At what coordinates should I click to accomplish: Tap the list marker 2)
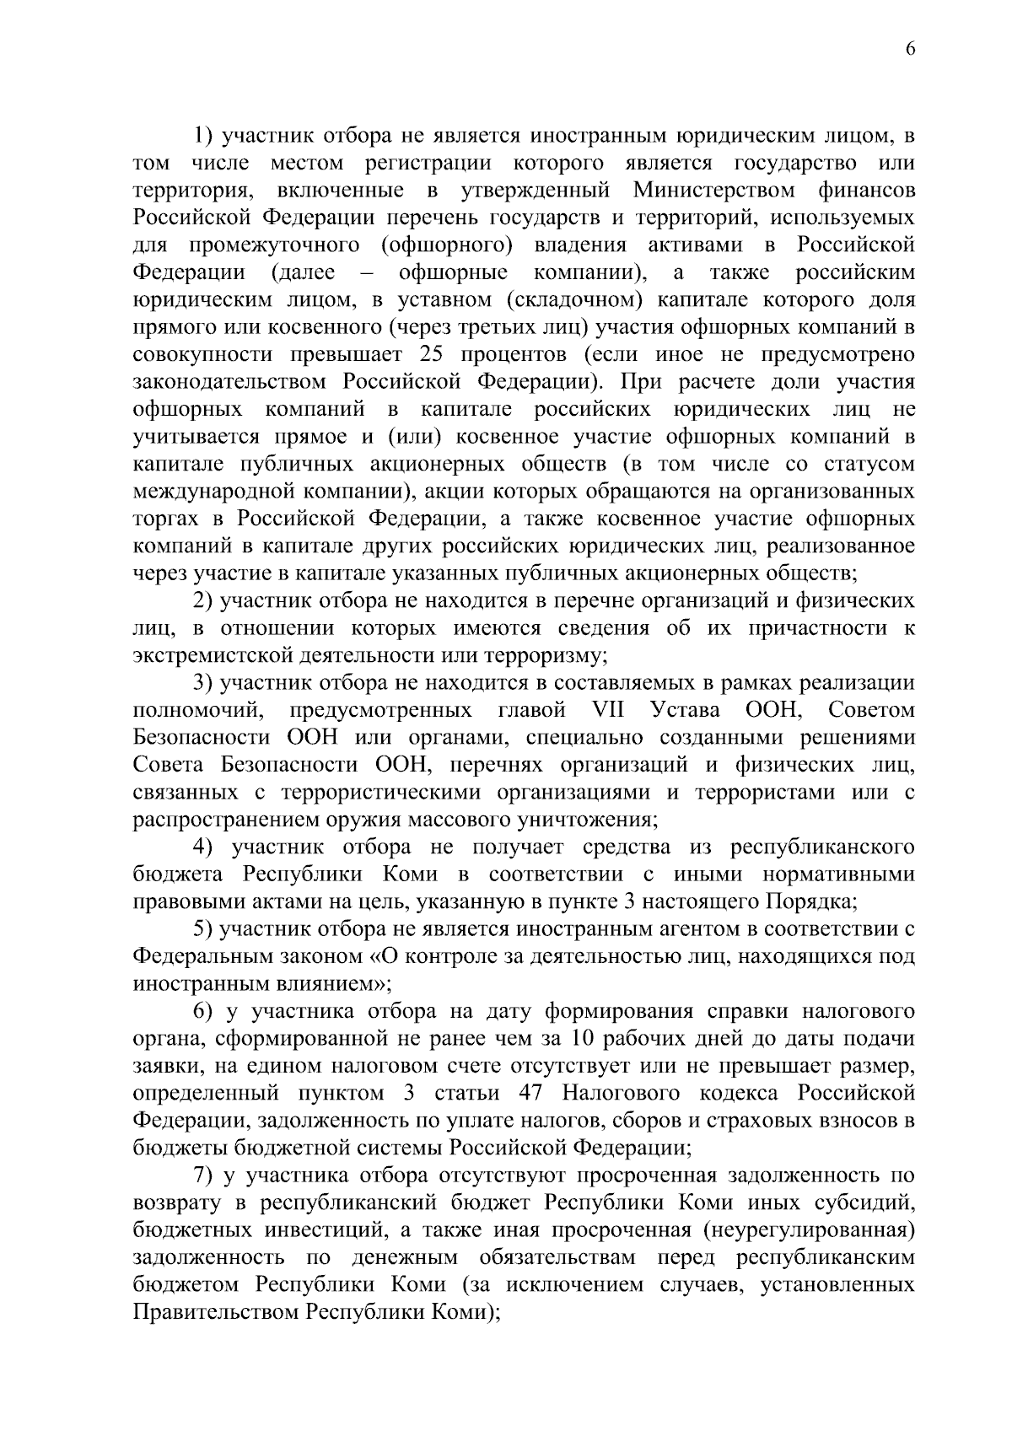(203, 601)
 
